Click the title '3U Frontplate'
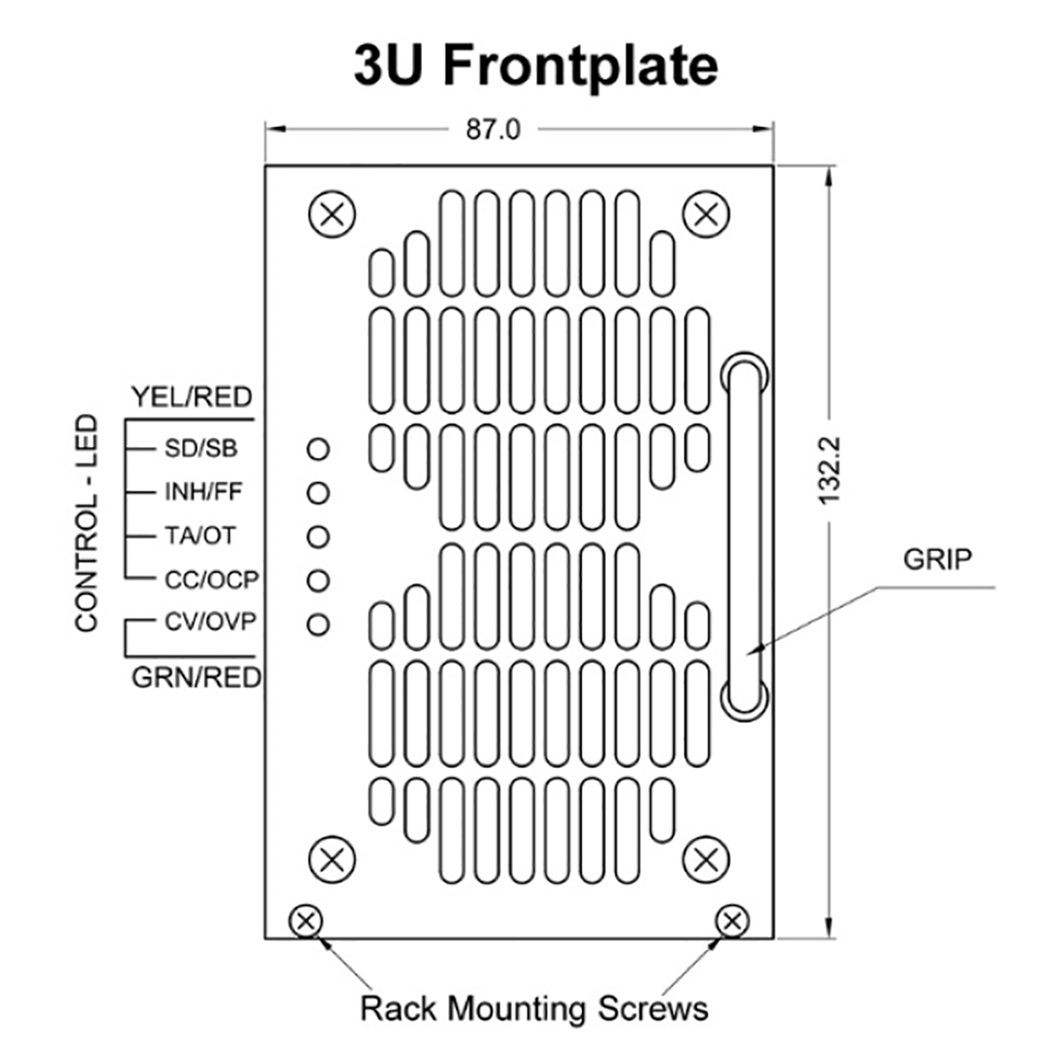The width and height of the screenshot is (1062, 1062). [536, 65]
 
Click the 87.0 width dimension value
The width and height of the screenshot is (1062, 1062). [493, 130]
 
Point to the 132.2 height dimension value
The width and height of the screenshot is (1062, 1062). [828, 469]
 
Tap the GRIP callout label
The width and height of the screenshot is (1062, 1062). [938, 558]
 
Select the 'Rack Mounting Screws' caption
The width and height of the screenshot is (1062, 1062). [534, 1008]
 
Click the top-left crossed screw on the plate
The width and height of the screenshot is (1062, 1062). [332, 214]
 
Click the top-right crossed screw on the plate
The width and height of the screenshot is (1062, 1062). [706, 214]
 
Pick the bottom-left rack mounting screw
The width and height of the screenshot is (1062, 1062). [306, 921]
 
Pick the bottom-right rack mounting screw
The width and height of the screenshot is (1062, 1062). [732, 921]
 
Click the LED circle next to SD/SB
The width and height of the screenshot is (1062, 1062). [318, 448]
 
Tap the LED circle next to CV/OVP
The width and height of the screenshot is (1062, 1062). [318, 623]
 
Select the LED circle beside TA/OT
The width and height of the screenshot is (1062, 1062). [318, 536]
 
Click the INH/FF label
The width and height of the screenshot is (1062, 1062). [203, 492]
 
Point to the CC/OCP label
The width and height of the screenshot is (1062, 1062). [211, 580]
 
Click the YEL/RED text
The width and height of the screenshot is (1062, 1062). [192, 397]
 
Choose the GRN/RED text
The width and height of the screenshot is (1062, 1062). [196, 677]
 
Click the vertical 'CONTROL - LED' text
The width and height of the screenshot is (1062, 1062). [86, 522]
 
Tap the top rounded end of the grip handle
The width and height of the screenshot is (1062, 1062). [744, 371]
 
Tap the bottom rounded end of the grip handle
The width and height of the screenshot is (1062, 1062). [744, 699]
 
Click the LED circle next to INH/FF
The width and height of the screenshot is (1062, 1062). [318, 492]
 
